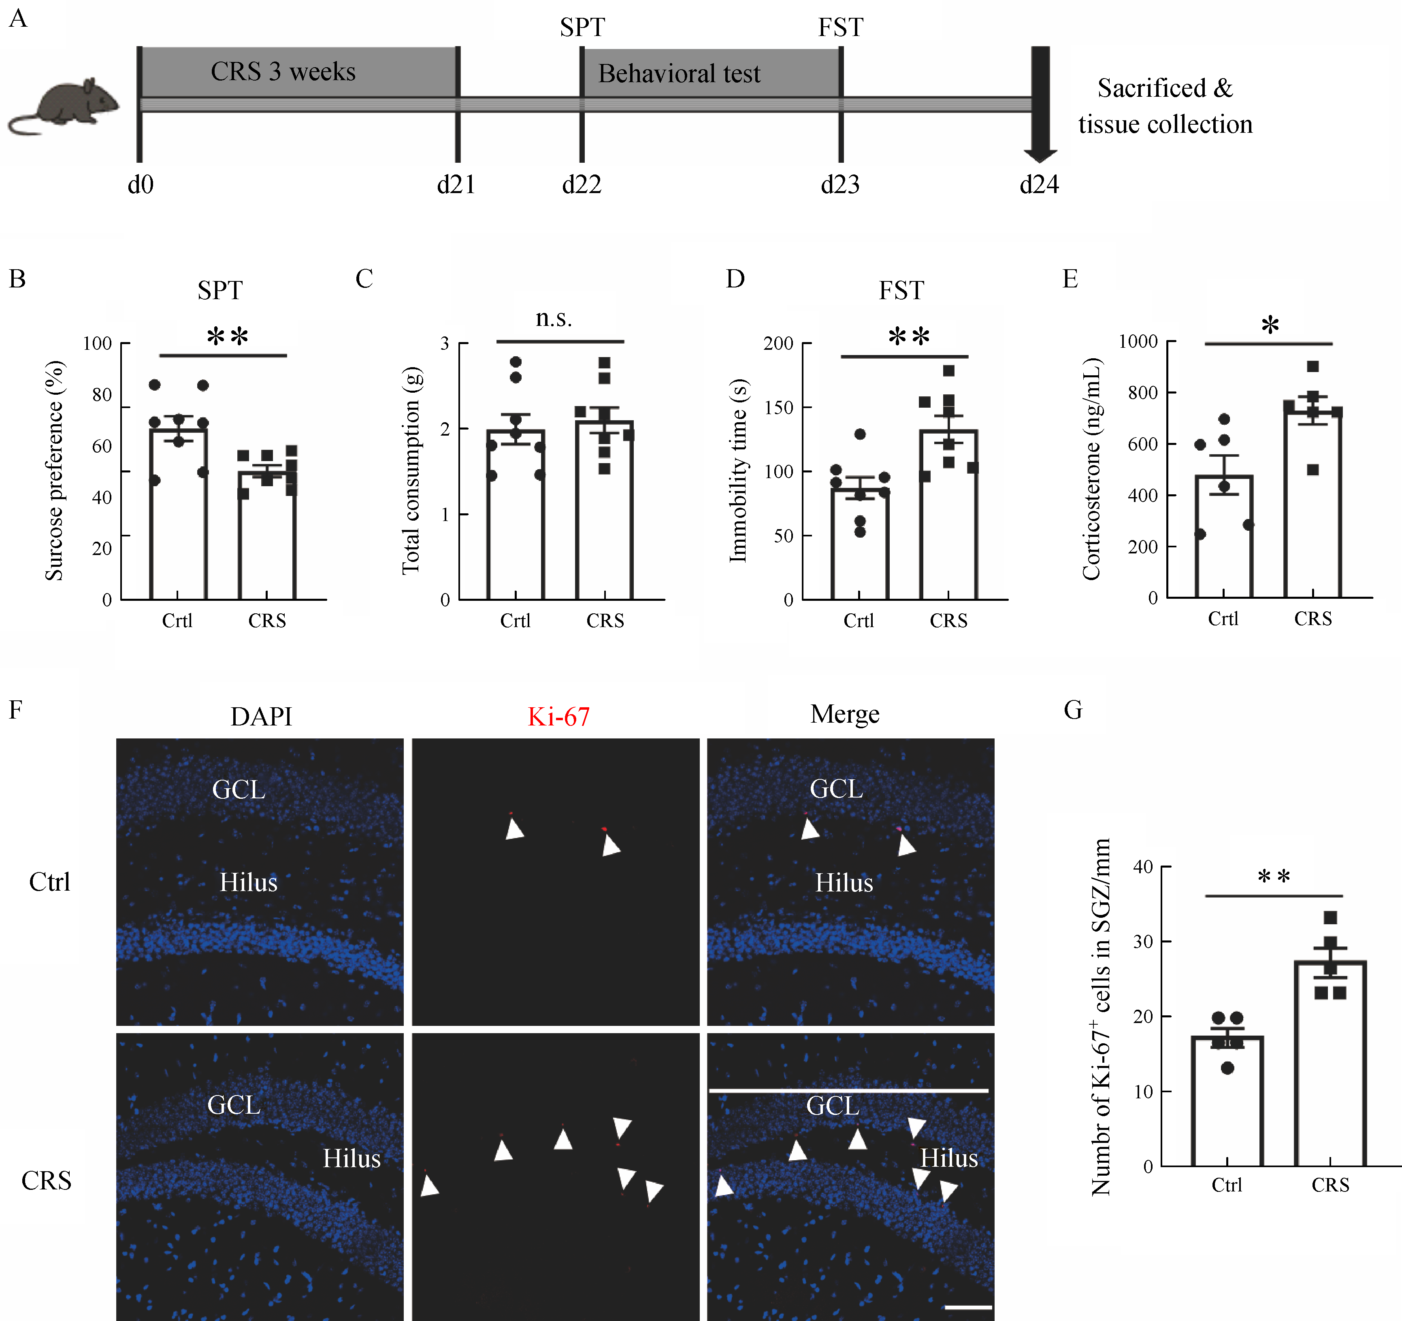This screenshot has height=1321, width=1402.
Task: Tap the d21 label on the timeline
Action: [x=456, y=185]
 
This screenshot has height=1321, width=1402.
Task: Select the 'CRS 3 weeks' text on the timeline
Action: [x=283, y=72]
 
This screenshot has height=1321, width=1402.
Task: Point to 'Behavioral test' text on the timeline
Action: [x=679, y=73]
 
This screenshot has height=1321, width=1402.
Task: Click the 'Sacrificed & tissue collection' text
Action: [x=1165, y=106]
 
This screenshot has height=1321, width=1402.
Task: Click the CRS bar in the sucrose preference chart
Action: [x=266, y=536]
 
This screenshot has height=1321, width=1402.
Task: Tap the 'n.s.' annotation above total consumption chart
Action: [x=554, y=319]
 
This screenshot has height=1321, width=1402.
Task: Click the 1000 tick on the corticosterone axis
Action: [x=1138, y=342]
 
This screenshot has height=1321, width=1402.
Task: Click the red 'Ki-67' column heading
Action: [x=558, y=716]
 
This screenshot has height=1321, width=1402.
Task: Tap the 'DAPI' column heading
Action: [x=261, y=716]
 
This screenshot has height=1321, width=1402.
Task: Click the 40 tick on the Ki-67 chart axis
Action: [x=1142, y=866]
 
